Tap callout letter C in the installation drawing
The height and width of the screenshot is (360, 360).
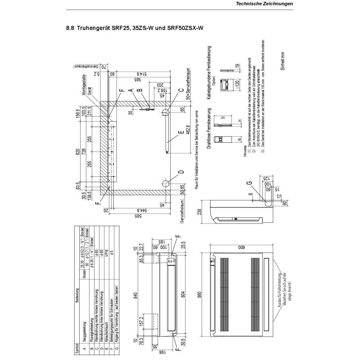click(181, 92)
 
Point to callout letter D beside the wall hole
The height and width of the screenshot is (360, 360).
click(181, 171)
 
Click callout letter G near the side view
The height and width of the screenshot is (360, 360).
click(250, 182)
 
